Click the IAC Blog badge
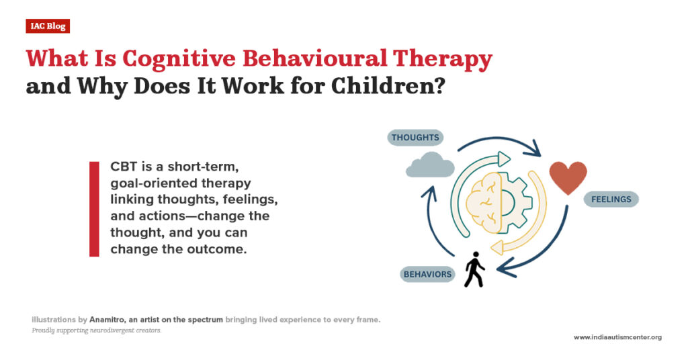tap(48, 26)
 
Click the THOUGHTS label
tap(415, 138)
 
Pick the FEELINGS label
tap(611, 199)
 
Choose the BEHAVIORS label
tap(427, 275)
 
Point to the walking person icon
tap(475, 269)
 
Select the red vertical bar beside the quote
tap(94, 209)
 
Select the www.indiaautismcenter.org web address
tap(617, 337)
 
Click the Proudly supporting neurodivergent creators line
tap(96, 331)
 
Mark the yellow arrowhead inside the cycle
tap(498, 248)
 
